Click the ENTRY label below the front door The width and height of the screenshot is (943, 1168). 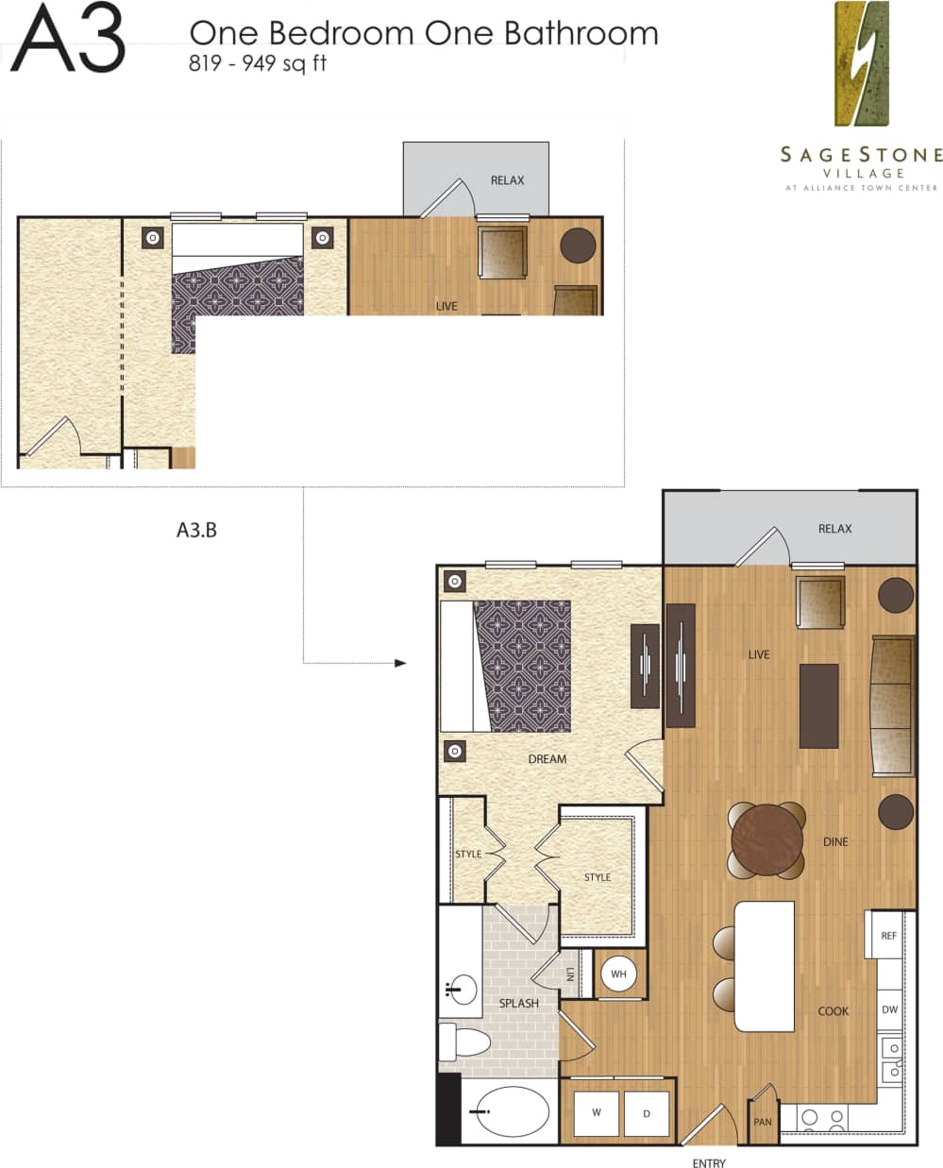709,1162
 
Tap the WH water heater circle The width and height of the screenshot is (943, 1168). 618,973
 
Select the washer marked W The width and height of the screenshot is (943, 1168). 596,1112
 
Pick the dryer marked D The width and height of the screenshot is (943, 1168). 647,1113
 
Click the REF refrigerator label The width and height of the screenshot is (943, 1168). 888,936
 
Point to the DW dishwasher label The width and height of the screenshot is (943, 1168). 889,1009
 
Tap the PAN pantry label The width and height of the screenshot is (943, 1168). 763,1122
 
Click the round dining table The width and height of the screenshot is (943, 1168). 766,839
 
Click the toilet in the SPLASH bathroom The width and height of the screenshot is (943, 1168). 466,1042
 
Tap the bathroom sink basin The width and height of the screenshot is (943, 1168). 461,990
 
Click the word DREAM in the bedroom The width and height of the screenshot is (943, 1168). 547,758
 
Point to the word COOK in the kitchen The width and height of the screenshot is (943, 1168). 833,1010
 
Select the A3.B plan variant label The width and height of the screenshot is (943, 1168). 196,530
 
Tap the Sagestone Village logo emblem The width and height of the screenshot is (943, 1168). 862,63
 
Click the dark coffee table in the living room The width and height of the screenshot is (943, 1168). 818,705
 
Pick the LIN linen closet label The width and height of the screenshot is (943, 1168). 569,973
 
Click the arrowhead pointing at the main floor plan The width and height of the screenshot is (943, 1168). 400,663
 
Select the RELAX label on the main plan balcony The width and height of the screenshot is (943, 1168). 834,529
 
